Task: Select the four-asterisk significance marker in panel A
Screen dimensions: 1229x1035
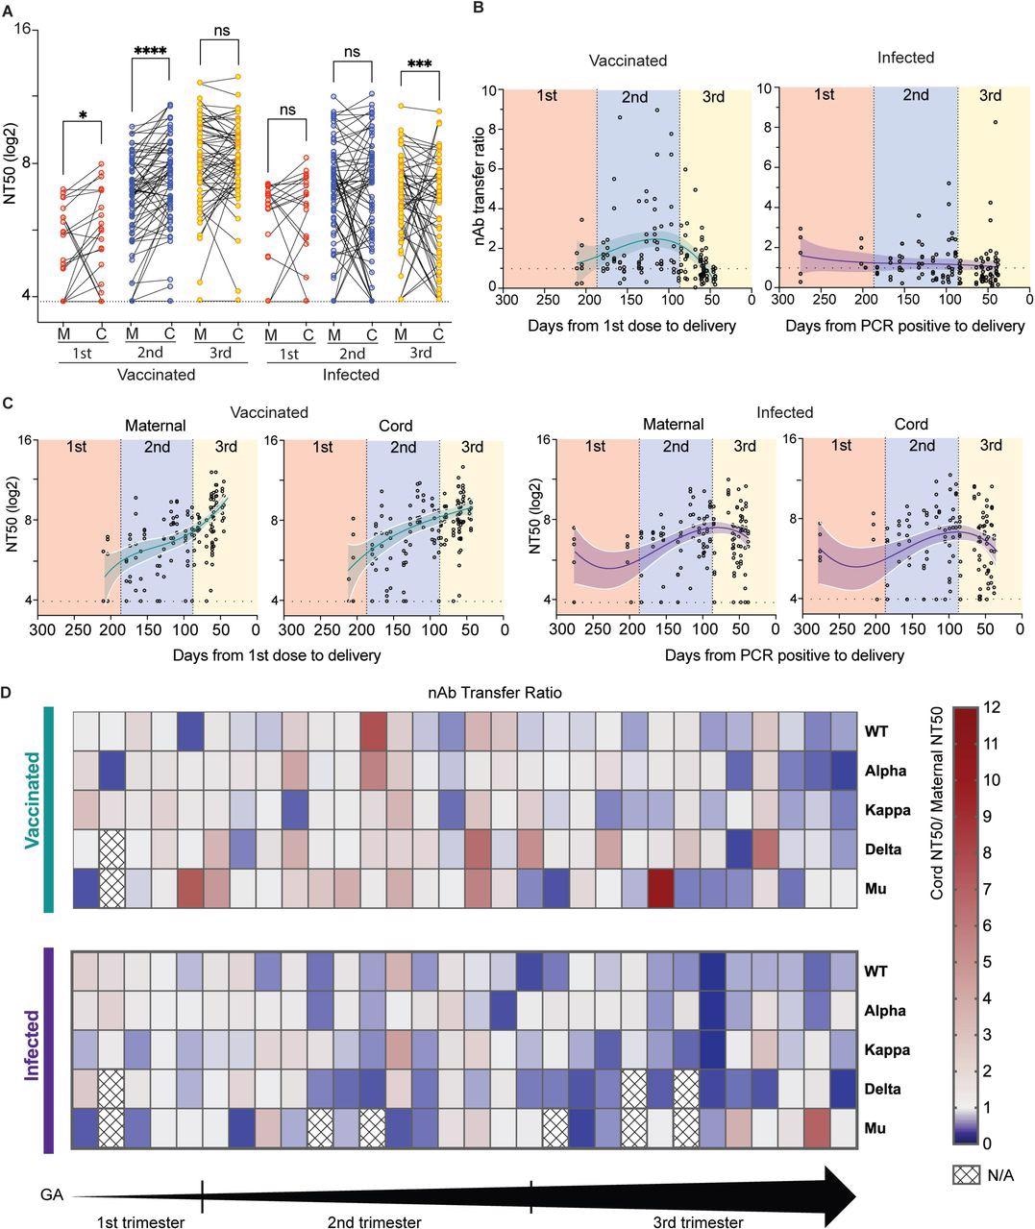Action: coord(150,51)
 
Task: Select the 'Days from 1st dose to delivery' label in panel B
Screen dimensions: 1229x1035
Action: coord(631,326)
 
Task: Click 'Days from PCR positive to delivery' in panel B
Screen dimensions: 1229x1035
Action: coord(904,326)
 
